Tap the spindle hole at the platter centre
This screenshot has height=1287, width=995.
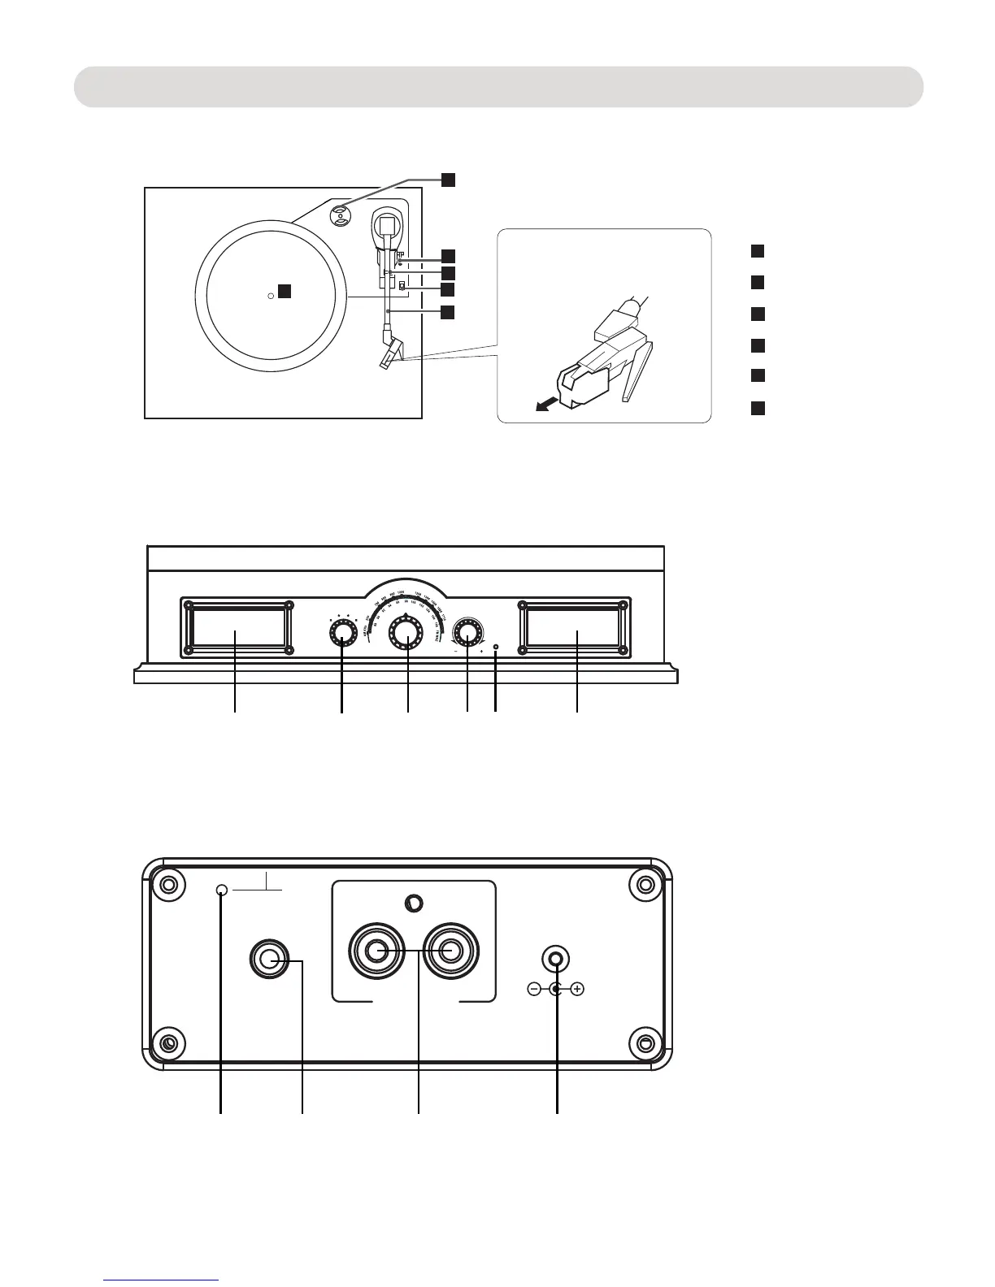271,297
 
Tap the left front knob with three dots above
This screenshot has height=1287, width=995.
343,633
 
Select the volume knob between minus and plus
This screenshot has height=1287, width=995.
467,632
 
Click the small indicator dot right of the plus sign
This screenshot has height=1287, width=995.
495,648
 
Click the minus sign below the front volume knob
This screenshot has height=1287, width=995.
455,652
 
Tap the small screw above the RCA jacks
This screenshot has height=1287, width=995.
413,903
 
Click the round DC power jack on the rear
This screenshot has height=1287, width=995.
557,959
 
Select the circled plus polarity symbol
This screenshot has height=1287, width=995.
578,990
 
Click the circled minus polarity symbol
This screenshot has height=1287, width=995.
533,990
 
